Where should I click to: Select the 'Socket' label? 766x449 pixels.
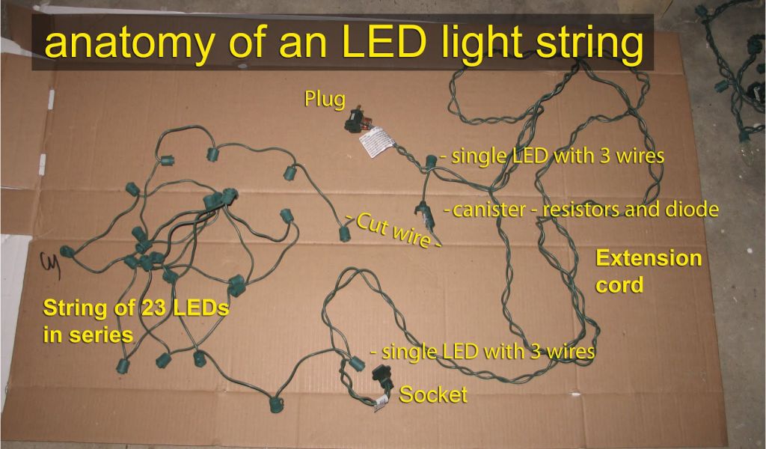tap(433, 394)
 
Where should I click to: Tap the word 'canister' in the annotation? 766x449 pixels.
tap(489, 210)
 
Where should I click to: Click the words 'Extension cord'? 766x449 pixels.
tap(648, 272)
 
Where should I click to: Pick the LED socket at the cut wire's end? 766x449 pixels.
tap(344, 234)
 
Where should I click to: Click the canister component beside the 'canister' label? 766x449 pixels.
tap(426, 214)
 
